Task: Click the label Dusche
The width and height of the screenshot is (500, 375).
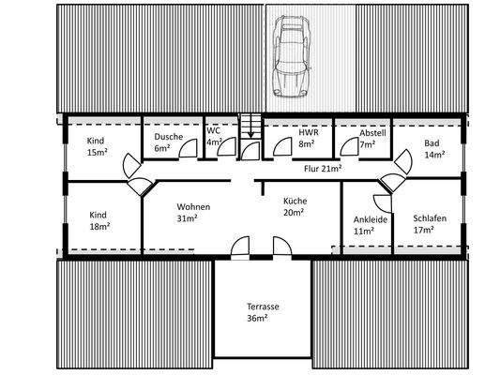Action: pos(169,136)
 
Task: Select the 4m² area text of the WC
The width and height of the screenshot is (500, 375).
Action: pos(213,142)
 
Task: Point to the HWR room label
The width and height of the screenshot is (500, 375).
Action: pos(309,133)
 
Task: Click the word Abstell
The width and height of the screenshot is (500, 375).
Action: pos(372,133)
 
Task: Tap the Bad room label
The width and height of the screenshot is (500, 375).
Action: pos(432,143)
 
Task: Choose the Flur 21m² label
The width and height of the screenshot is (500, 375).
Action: pos(323,169)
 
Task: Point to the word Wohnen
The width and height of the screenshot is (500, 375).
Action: pos(193,207)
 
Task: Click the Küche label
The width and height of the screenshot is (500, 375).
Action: pos(295,201)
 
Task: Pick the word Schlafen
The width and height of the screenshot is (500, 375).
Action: pos(429,218)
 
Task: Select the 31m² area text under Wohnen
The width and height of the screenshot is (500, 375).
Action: pos(188,218)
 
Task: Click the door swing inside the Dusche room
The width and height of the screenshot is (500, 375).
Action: pos(187,148)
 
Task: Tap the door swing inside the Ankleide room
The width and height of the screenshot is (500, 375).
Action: pos(381,202)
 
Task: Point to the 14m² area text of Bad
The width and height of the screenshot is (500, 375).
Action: pos(432,155)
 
